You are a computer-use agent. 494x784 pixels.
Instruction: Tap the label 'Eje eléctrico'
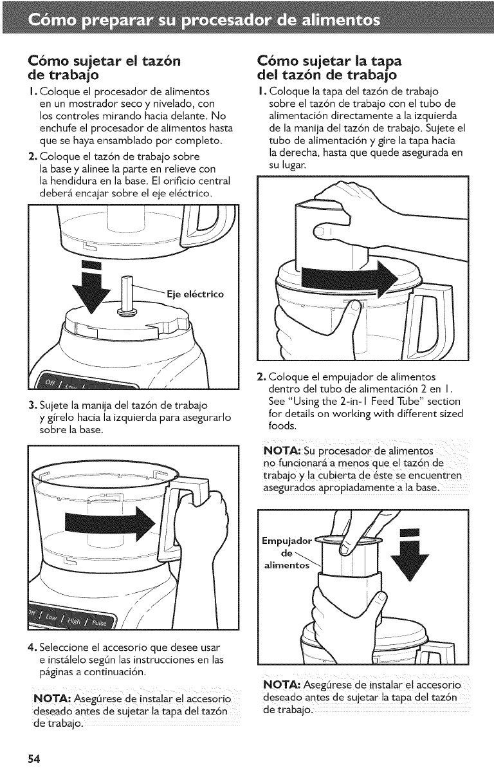(x=196, y=294)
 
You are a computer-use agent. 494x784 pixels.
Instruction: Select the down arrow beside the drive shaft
(x=92, y=288)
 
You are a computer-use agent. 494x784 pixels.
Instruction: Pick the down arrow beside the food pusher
(x=409, y=555)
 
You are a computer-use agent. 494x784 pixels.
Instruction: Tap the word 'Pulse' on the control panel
(x=101, y=622)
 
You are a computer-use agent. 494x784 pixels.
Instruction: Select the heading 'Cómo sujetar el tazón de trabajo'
(x=104, y=68)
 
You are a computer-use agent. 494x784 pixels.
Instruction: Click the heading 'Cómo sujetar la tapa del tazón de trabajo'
(x=329, y=68)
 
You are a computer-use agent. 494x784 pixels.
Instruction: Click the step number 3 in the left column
(x=32, y=406)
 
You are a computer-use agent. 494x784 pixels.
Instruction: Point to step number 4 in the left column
(x=32, y=648)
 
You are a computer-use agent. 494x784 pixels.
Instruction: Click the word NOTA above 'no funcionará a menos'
(x=282, y=451)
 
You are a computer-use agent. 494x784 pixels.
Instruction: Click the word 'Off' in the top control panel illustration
(x=50, y=383)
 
